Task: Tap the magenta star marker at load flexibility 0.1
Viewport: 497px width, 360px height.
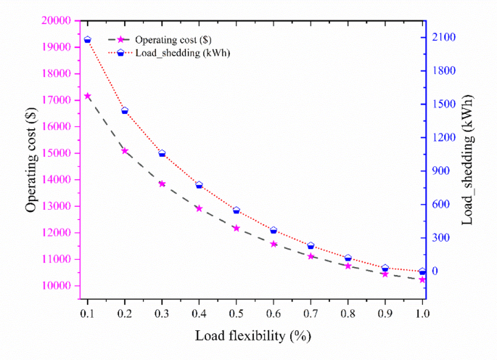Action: pyautogui.click(x=88, y=96)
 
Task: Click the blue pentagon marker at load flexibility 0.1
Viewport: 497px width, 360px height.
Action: pyautogui.click(x=88, y=40)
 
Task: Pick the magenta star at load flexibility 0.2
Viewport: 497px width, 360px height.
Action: pyautogui.click(x=125, y=151)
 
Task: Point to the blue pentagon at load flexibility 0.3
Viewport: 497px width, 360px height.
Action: pyautogui.click(x=162, y=154)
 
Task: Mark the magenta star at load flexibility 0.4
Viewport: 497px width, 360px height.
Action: pyautogui.click(x=199, y=208)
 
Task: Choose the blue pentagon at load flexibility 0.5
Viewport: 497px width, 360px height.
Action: pyautogui.click(x=236, y=210)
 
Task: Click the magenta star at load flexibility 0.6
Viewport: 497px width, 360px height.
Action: pyautogui.click(x=274, y=244)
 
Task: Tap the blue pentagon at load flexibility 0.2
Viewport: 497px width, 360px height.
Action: pyautogui.click(x=125, y=111)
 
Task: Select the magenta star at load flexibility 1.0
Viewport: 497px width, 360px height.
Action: pyautogui.click(x=422, y=279)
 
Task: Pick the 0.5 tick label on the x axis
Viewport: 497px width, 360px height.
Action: pyautogui.click(x=236, y=314)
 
